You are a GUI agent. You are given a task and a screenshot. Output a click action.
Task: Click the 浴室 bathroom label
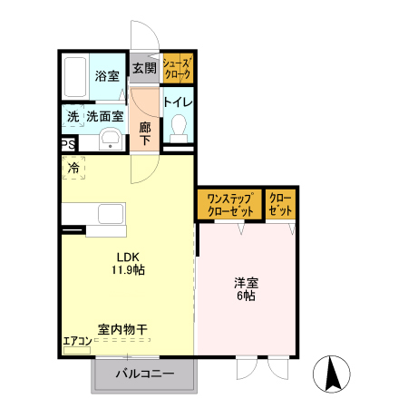(x=107, y=76)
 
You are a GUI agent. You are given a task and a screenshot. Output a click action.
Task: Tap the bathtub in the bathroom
(x=77, y=77)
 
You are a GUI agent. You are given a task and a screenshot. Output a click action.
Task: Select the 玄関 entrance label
(x=143, y=68)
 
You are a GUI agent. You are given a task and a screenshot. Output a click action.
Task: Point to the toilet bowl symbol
(x=178, y=126)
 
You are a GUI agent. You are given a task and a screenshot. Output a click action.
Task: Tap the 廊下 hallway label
(x=144, y=133)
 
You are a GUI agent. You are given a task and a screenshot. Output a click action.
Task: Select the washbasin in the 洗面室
(x=110, y=139)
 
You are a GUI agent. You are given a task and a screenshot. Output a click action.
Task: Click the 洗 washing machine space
(x=72, y=117)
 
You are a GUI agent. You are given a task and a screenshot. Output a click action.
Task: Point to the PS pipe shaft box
(x=68, y=144)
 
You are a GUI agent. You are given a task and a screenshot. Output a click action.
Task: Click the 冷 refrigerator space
(x=73, y=168)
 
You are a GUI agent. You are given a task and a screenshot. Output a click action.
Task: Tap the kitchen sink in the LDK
(x=109, y=216)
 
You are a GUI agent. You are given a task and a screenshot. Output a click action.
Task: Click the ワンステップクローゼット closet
(x=230, y=204)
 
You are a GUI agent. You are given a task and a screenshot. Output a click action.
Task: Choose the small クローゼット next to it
(x=281, y=204)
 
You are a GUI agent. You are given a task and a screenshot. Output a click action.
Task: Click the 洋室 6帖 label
(x=244, y=289)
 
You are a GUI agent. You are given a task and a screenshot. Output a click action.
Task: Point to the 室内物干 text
(x=124, y=329)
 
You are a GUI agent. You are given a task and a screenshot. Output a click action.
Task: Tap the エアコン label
(x=76, y=342)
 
